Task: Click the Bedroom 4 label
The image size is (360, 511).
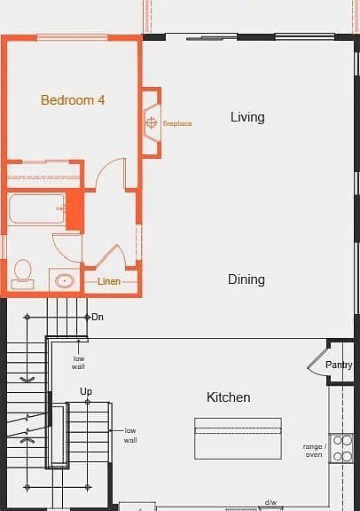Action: pyautogui.click(x=73, y=100)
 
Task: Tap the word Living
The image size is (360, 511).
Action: pyautogui.click(x=247, y=118)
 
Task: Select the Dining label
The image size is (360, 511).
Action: pyautogui.click(x=247, y=279)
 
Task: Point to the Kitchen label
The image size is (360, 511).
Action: pyautogui.click(x=229, y=397)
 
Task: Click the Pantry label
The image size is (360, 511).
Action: pyautogui.click(x=339, y=365)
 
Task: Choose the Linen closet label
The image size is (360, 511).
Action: pyautogui.click(x=109, y=281)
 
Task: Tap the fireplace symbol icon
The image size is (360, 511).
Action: pyautogui.click(x=151, y=122)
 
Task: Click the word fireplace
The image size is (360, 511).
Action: pyautogui.click(x=177, y=123)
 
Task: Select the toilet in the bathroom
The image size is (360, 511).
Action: pyautogui.click(x=23, y=274)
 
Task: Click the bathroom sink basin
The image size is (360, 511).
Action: pyautogui.click(x=65, y=280)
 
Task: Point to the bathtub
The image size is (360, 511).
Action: pyautogui.click(x=36, y=208)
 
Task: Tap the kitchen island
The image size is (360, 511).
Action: pyautogui.click(x=239, y=438)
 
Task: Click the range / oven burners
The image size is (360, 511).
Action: pyautogui.click(x=342, y=448)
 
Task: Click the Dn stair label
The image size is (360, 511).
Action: pyautogui.click(x=98, y=317)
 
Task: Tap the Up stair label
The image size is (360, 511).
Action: pyautogui.click(x=86, y=391)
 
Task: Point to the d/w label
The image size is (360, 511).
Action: pyautogui.click(x=270, y=502)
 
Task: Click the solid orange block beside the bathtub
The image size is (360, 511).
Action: pyautogui.click(x=75, y=210)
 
